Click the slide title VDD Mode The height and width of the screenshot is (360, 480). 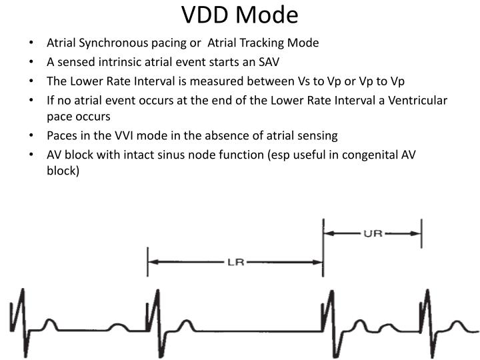tap(240, 15)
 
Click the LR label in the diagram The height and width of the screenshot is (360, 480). tap(235, 262)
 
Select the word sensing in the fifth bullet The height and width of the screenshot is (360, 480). tap(318, 135)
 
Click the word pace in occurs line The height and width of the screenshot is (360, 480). tap(59, 116)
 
